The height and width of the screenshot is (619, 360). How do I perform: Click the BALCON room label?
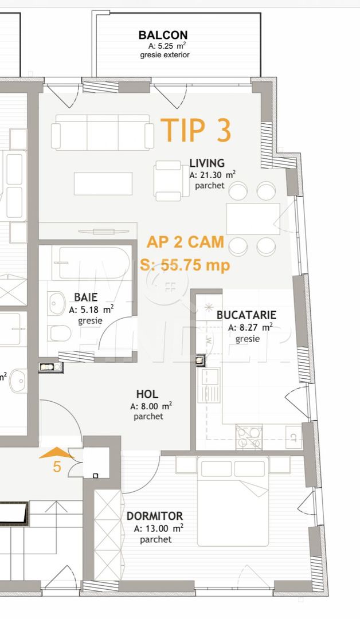[163, 36]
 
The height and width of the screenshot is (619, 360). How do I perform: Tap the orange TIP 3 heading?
[196, 130]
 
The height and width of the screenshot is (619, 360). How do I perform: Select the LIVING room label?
[207, 164]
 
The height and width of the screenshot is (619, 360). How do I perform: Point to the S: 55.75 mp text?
[185, 265]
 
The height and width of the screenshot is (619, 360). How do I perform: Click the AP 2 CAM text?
[185, 242]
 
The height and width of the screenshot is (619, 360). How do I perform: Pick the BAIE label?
[85, 297]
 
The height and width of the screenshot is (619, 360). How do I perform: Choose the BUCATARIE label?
[246, 315]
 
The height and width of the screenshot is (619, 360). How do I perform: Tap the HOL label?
[147, 394]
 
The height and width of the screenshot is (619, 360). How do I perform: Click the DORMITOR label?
[155, 516]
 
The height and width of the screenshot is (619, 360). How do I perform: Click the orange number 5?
[57, 467]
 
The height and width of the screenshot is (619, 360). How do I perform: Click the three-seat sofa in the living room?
[103, 132]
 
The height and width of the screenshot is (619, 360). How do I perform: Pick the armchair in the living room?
[168, 181]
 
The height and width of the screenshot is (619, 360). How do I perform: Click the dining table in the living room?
[253, 218]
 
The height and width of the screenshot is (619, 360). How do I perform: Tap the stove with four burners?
[249, 437]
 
